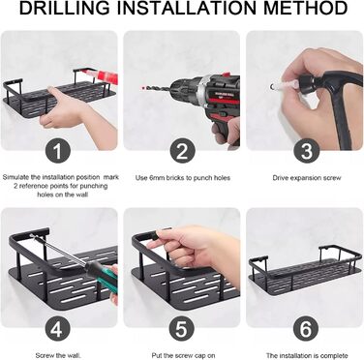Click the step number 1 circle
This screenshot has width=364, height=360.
click(x=58, y=151)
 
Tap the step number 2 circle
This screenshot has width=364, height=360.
click(x=182, y=151)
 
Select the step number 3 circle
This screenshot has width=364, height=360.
click(x=306, y=151)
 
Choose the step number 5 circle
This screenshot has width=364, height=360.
click(x=181, y=329)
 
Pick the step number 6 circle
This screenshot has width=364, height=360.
click(x=306, y=329)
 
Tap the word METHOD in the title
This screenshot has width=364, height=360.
click(x=305, y=8)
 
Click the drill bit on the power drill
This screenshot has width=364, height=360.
click(x=158, y=88)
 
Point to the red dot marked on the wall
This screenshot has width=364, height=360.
click(x=142, y=87)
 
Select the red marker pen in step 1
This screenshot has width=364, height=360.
click(x=101, y=76)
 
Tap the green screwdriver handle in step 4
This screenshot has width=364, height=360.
click(x=104, y=272)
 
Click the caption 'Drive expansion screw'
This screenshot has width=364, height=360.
click(x=307, y=178)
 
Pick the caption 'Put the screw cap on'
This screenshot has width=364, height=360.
click(x=183, y=355)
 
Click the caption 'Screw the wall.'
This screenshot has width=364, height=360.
click(x=58, y=355)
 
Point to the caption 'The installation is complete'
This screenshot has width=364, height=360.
click(x=307, y=355)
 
